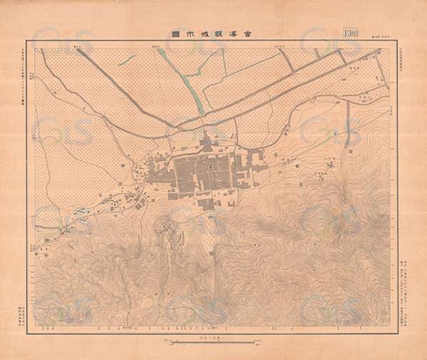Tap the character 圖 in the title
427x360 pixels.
tap(176, 33)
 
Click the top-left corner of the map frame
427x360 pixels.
tap(29, 41)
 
